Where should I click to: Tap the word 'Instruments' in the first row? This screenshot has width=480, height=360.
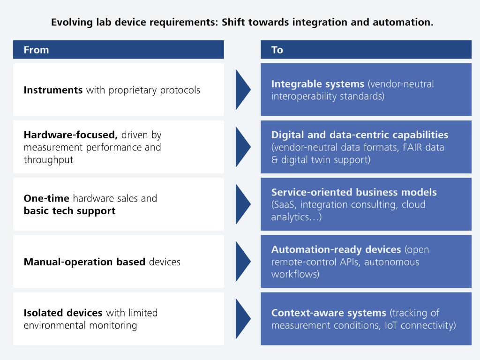coord(53,90)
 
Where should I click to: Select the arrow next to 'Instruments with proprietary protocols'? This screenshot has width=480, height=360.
coord(243,90)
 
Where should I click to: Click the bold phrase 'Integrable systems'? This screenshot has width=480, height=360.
coord(318,83)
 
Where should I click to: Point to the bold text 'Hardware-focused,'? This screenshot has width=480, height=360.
coord(70,135)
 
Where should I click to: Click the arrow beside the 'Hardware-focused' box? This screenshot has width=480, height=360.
coord(243,147)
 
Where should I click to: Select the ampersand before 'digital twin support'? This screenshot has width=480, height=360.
coord(274,160)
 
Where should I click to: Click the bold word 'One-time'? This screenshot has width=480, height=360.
coord(46,198)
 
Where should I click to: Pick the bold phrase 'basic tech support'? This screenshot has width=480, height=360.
coord(69,211)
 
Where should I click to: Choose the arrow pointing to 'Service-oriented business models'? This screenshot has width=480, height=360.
coord(243,204)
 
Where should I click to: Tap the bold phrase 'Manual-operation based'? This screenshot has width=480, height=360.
coord(84,262)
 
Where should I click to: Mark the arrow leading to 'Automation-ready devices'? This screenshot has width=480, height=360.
coord(243,262)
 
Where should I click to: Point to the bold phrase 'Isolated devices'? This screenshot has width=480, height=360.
coord(63,313)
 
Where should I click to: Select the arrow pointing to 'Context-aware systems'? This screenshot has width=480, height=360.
coord(243,319)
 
